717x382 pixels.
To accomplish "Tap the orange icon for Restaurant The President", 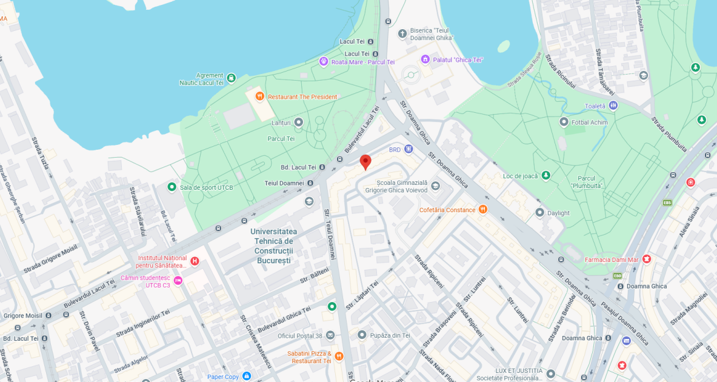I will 259,96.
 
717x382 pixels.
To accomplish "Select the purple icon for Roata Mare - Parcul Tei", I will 324,62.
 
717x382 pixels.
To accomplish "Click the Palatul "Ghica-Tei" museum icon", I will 426,59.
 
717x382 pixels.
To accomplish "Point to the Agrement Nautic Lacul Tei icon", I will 231,78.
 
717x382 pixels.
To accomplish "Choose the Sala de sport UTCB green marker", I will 172,187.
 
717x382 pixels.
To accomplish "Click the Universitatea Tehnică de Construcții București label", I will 273,246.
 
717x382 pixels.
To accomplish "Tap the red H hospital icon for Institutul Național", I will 195,261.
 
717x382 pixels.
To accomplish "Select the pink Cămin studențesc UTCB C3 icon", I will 178,281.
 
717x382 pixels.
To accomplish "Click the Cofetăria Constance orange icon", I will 482,210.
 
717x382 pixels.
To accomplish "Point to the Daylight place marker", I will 540,213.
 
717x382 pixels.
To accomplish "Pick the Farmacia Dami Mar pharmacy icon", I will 647,260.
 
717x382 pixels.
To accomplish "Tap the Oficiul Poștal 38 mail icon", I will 330,335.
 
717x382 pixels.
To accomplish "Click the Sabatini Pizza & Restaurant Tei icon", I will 339,357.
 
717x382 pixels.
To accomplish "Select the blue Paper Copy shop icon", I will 247,377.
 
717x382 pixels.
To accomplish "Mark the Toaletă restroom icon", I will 613,106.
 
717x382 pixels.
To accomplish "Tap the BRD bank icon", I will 409,149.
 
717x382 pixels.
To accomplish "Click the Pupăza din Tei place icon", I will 362,335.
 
